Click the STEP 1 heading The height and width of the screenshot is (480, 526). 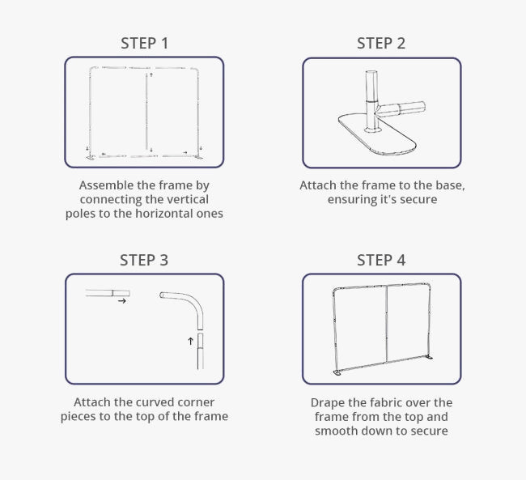point(144,43)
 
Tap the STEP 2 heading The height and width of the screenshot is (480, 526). point(381,43)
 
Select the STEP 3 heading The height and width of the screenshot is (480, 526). point(144,260)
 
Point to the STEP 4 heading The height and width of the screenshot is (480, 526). point(381,260)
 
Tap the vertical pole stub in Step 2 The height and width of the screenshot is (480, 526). point(371,93)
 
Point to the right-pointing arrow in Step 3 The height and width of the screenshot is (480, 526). point(121,301)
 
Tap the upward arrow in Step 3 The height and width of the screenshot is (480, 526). point(191,342)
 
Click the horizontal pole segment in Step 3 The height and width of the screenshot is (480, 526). point(108,293)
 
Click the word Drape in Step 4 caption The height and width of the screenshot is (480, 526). point(328,402)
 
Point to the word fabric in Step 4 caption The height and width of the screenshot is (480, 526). point(393,402)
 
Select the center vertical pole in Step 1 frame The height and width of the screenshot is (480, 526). point(148,113)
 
